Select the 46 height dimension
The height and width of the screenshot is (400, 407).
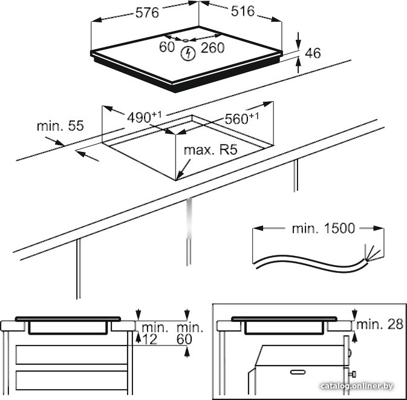(312, 54)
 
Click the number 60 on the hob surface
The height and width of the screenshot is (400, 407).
(167, 48)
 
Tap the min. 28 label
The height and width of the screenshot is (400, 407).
(379, 324)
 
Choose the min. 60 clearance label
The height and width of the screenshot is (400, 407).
(189, 333)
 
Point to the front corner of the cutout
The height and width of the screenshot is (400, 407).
(178, 180)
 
